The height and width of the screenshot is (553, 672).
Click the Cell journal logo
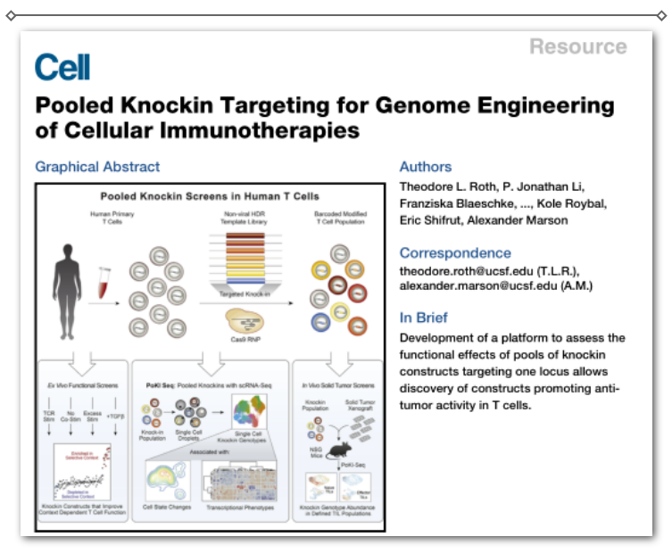62,67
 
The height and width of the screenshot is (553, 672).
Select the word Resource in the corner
577,46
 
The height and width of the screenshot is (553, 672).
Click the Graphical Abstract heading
97,167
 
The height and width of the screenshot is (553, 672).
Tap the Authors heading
426,167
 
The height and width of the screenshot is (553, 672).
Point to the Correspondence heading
455,252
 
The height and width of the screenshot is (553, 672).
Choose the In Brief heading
423,318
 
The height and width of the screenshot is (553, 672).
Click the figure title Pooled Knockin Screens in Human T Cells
210,195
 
